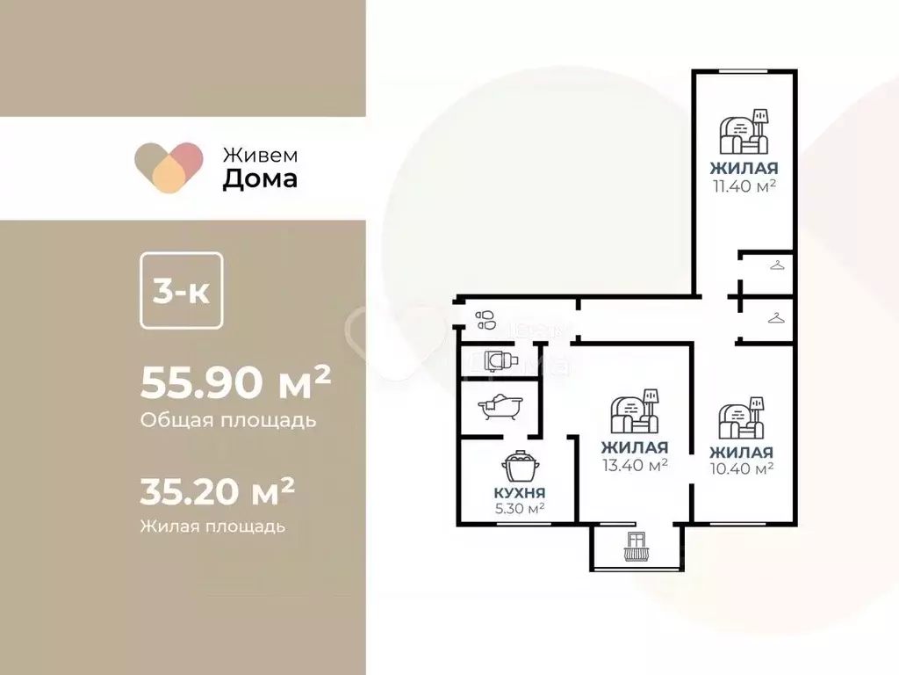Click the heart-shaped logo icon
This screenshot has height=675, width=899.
click(169, 167)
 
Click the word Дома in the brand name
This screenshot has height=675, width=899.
click(260, 179)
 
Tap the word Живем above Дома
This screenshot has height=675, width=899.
click(260, 154)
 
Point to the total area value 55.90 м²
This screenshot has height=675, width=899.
click(235, 382)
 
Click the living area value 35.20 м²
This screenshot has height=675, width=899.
click(217, 492)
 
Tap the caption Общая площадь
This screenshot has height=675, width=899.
click(227, 420)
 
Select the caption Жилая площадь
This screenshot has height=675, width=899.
click(212, 526)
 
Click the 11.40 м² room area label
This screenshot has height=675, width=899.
click(744, 185)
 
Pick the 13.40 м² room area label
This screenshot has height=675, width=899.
click(635, 464)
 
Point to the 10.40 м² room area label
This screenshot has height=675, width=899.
click(742, 468)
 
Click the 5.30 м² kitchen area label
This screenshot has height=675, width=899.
click(520, 507)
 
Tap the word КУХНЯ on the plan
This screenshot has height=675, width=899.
click(520, 491)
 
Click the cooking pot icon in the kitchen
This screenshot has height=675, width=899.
click(520, 466)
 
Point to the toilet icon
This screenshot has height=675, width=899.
click(499, 360)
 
